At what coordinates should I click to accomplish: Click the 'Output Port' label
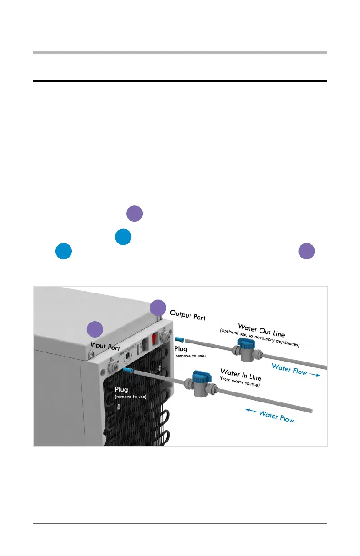(x=188, y=315)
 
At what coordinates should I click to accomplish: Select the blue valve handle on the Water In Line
(x=200, y=377)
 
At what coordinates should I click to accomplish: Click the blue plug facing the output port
(x=178, y=339)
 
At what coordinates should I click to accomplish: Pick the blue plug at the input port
(x=127, y=371)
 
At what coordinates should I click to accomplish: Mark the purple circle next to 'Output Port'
(x=158, y=308)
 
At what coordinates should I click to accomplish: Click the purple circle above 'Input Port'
(x=95, y=329)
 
